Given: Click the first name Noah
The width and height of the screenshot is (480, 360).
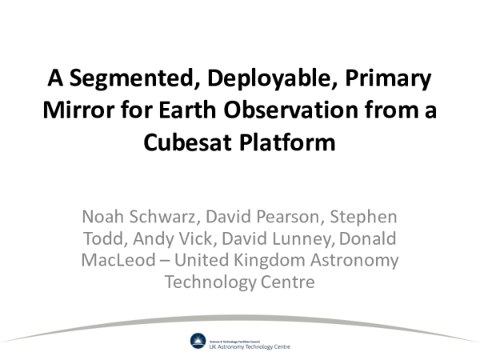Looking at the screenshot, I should pyautogui.click(x=102, y=218).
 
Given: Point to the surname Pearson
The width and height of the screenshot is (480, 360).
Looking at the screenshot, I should pyautogui.click(x=290, y=218).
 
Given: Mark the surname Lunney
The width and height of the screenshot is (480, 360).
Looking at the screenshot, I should pyautogui.click(x=295, y=239).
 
